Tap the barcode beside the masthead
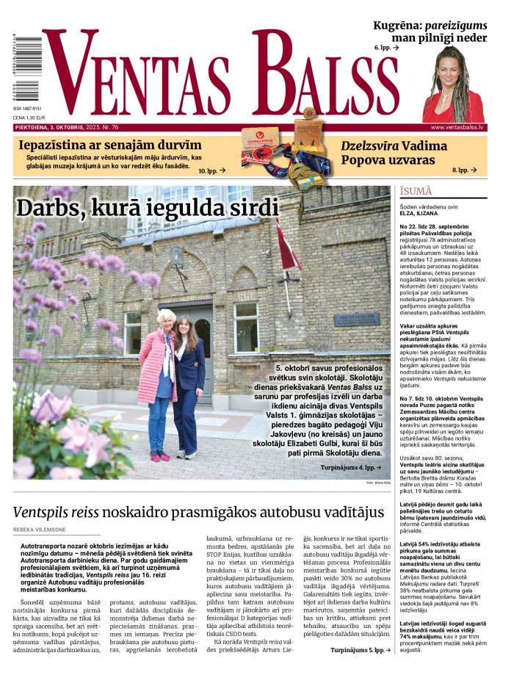tap(15, 71)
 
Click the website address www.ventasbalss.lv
tap(457, 127)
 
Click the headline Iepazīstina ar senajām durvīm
tap(110, 145)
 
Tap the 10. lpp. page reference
tap(211, 170)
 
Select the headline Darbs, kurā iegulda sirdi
tap(148, 208)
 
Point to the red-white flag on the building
tap(287, 246)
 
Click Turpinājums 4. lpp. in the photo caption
tap(350, 467)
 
